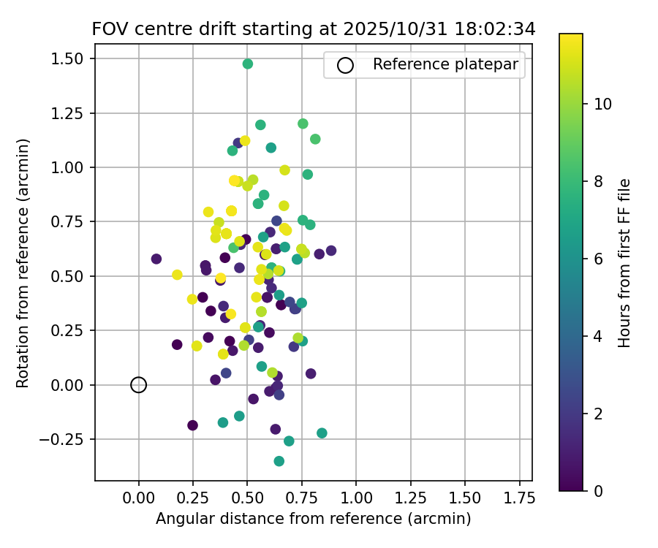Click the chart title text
[x=313, y=29]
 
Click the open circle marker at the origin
[x=139, y=385]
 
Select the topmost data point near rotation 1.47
[x=248, y=64]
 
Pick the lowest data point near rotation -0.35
[x=279, y=461]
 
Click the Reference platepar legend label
[x=445, y=64]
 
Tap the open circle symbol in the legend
[x=345, y=65]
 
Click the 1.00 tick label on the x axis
[x=356, y=498]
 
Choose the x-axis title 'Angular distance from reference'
[x=313, y=519]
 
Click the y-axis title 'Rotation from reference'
[x=23, y=263]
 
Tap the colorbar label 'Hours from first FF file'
[x=624, y=263]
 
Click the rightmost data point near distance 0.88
[x=331, y=251]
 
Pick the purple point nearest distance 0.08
[x=156, y=259]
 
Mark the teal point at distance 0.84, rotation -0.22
[x=322, y=433]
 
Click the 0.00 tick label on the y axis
[x=71, y=385]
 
